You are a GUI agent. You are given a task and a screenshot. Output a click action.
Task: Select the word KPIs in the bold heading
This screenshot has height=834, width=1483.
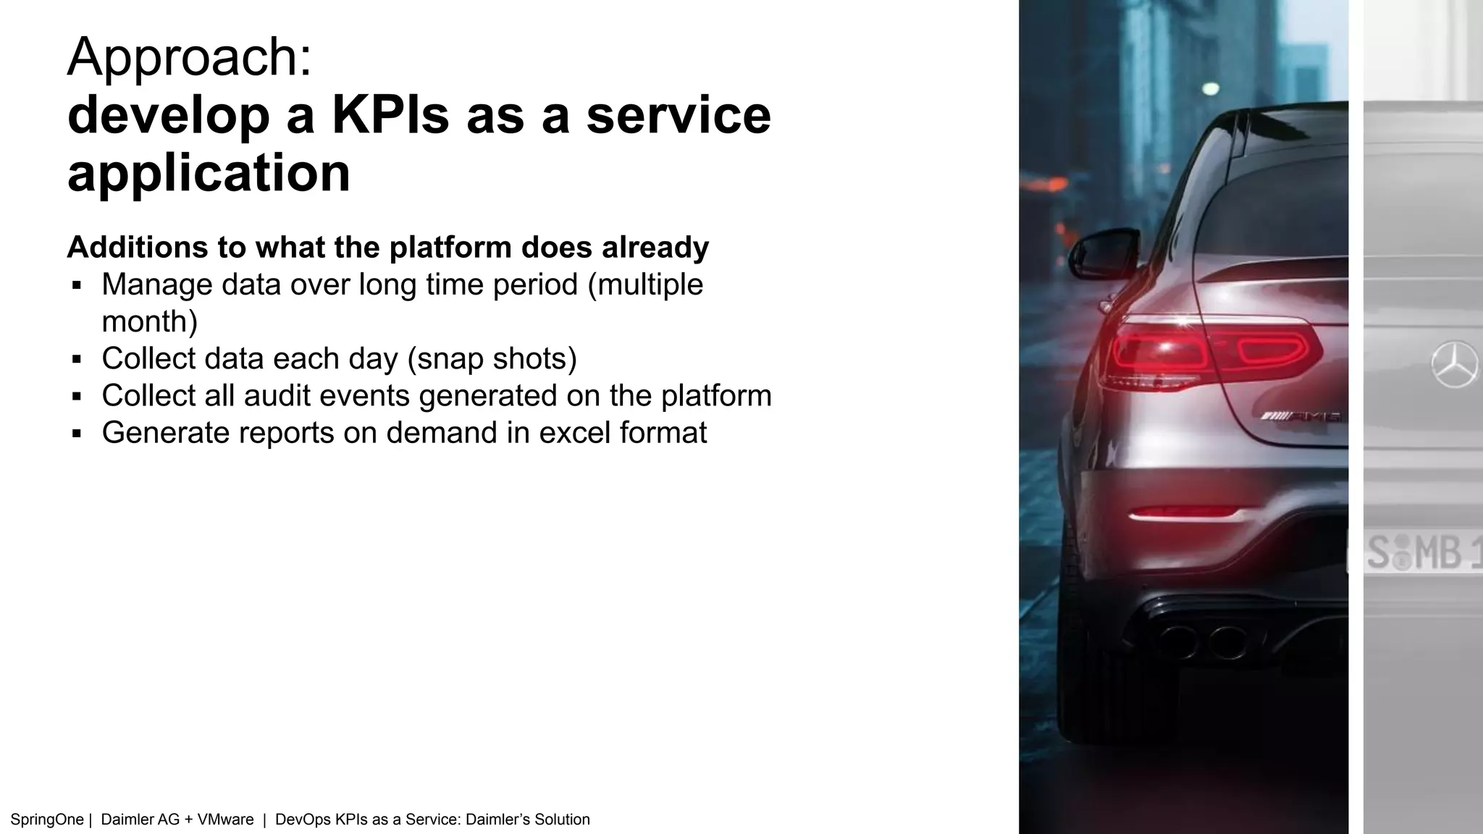(390, 116)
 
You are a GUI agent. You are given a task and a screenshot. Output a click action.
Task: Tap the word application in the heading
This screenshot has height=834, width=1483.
(209, 174)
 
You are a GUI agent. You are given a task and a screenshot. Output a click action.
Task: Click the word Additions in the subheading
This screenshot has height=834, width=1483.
(137, 248)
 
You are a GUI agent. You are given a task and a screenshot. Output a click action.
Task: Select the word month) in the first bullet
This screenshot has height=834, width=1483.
(149, 322)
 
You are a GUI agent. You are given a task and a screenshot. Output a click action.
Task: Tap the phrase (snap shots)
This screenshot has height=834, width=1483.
(492, 359)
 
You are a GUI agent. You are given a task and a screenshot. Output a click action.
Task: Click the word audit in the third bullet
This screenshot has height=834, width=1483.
(277, 396)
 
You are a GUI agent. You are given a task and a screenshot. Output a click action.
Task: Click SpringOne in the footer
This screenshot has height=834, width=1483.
(47, 820)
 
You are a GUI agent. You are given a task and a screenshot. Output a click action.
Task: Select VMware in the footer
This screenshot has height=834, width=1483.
(225, 820)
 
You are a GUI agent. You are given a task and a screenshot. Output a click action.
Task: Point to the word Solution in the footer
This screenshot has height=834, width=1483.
(562, 820)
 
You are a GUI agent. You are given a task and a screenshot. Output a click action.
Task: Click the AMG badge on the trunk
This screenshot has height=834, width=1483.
(1300, 416)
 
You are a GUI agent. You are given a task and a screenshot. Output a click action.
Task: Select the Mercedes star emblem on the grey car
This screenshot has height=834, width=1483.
(1454, 363)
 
